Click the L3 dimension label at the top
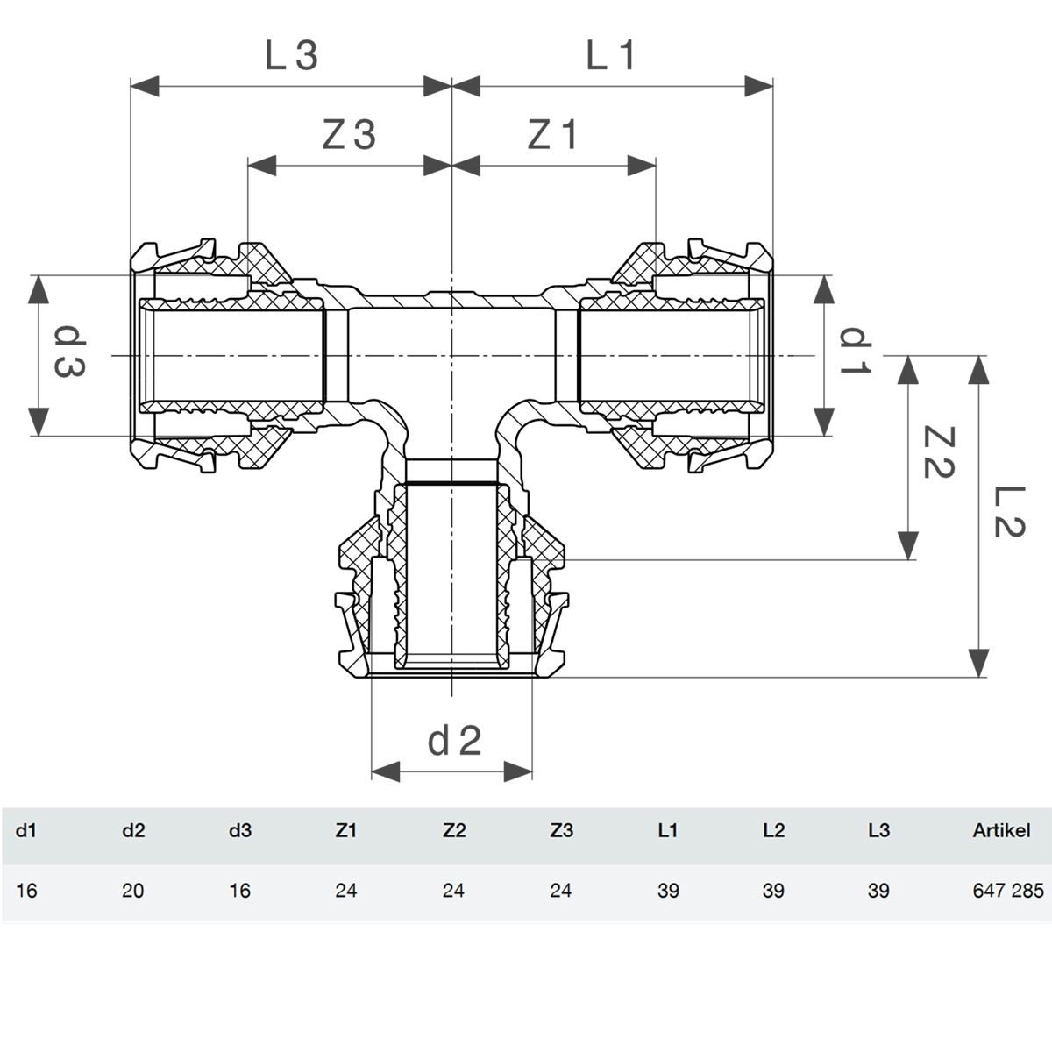[x=291, y=56]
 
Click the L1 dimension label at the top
[x=610, y=56]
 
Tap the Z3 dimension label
[x=349, y=135]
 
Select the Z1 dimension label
[x=552, y=135]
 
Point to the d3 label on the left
[x=70, y=352]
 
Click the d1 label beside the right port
[x=855, y=351]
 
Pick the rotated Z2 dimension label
[x=938, y=452]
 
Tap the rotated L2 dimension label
[x=1009, y=511]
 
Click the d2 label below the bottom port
[x=454, y=741]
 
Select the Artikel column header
[x=1001, y=830]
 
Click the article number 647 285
[x=1008, y=891]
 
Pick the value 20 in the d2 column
[x=132, y=891]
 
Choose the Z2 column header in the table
[x=453, y=830]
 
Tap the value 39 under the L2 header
[x=773, y=891]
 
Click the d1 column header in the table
[x=25, y=830]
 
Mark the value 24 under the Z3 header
[x=561, y=891]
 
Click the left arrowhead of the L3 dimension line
[x=145, y=86]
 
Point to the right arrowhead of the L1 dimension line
[x=759, y=86]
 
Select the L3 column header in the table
[x=878, y=830]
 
